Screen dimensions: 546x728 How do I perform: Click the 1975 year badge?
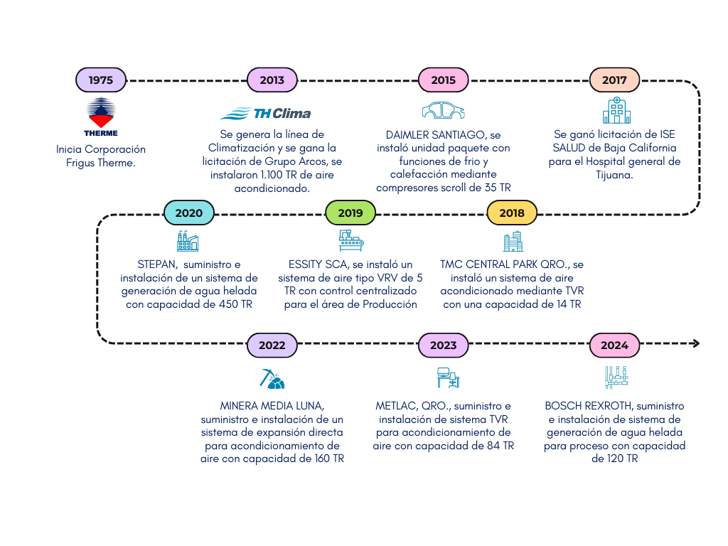click(x=100, y=80)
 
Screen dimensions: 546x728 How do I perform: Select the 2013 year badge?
click(x=272, y=80)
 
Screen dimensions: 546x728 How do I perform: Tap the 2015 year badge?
click(x=443, y=80)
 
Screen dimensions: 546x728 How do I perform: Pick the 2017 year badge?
click(x=614, y=80)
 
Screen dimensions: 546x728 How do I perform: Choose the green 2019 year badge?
click(x=350, y=213)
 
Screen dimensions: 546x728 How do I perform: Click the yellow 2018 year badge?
click(x=512, y=213)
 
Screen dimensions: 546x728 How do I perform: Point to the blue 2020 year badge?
click(x=188, y=213)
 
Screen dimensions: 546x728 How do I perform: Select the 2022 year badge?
click(x=272, y=345)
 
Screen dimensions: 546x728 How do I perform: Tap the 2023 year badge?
click(x=443, y=345)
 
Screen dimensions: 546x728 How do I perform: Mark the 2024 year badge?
click(x=614, y=345)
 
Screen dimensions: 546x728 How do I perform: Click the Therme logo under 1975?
click(x=100, y=117)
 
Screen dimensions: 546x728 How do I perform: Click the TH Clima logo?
click(x=266, y=113)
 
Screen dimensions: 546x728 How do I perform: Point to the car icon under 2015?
click(x=443, y=111)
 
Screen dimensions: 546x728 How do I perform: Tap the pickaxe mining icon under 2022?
click(x=272, y=378)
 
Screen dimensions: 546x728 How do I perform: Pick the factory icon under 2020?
click(x=188, y=241)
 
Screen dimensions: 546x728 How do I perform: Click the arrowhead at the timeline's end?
click(x=695, y=344)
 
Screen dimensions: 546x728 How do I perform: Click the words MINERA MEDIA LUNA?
click(x=272, y=406)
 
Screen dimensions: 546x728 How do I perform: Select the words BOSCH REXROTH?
click(x=589, y=406)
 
